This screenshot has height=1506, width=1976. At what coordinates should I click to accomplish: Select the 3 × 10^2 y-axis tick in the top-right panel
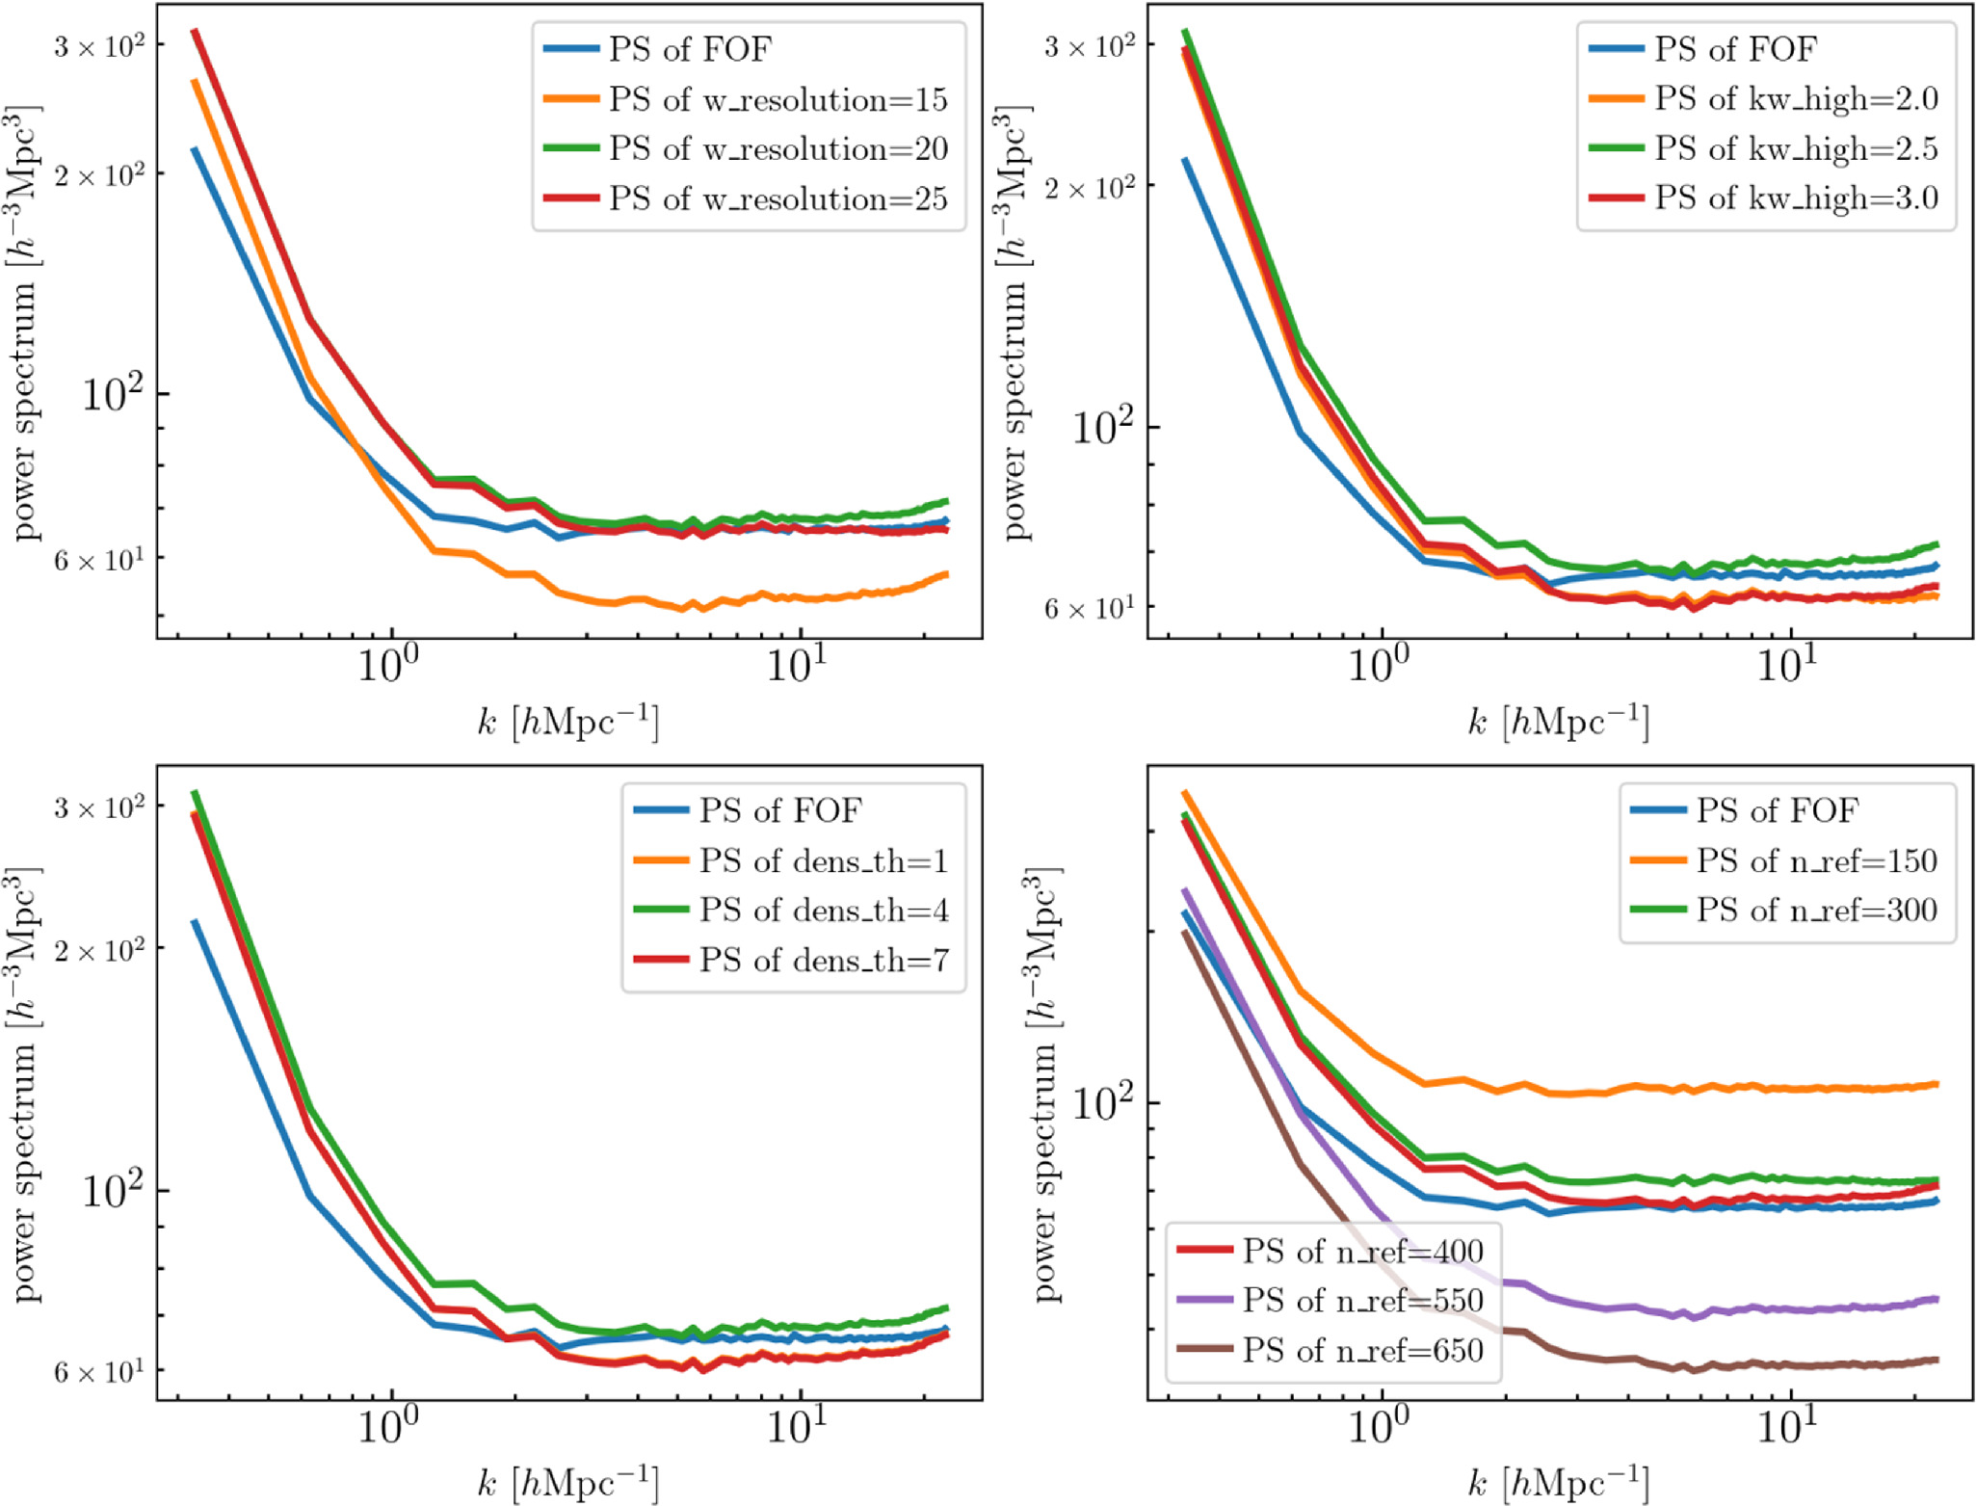[1090, 46]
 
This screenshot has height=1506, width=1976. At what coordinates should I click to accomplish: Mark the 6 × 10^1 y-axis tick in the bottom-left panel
[99, 1370]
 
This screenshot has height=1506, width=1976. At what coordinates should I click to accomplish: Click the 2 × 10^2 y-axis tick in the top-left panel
[99, 174]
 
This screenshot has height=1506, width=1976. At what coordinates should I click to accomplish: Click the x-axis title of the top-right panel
[1558, 722]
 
